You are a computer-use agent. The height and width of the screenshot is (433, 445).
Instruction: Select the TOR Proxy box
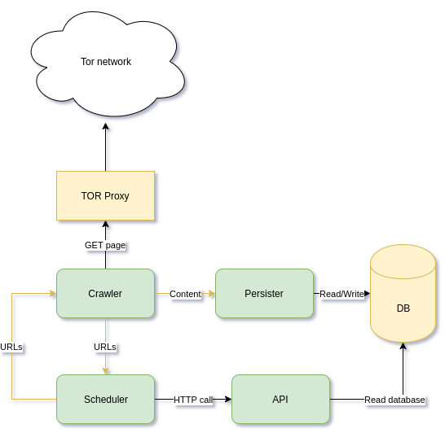click(x=106, y=196)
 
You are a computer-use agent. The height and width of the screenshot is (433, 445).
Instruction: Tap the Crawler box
click(x=106, y=293)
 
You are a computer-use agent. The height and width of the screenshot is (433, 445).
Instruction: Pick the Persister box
click(x=264, y=293)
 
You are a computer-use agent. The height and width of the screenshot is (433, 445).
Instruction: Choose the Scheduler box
click(x=106, y=399)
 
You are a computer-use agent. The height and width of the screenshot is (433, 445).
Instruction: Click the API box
click(x=280, y=399)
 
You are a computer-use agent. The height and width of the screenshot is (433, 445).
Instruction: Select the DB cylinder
click(x=403, y=293)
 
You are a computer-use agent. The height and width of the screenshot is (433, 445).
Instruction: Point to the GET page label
click(x=105, y=245)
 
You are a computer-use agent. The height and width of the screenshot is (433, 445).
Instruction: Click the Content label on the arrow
click(x=185, y=294)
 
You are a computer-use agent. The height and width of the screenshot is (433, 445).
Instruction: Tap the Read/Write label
click(x=341, y=294)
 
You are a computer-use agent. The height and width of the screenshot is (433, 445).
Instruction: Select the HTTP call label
click(x=193, y=400)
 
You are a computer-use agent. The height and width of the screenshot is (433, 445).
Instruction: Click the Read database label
click(x=394, y=400)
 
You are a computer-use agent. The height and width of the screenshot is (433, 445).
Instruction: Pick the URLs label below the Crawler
click(x=105, y=347)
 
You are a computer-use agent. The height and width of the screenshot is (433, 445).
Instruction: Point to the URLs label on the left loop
click(x=11, y=347)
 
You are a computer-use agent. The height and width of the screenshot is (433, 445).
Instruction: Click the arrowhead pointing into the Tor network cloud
click(x=106, y=126)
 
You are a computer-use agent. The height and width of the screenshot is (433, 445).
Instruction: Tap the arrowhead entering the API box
click(x=228, y=399)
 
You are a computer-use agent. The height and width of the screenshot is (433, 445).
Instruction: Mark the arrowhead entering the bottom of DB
click(x=403, y=346)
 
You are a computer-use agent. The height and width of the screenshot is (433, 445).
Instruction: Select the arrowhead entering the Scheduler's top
click(x=106, y=371)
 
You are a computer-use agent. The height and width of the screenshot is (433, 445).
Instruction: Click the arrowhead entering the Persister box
click(x=212, y=293)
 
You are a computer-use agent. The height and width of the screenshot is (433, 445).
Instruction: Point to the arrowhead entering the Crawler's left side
click(x=53, y=293)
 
